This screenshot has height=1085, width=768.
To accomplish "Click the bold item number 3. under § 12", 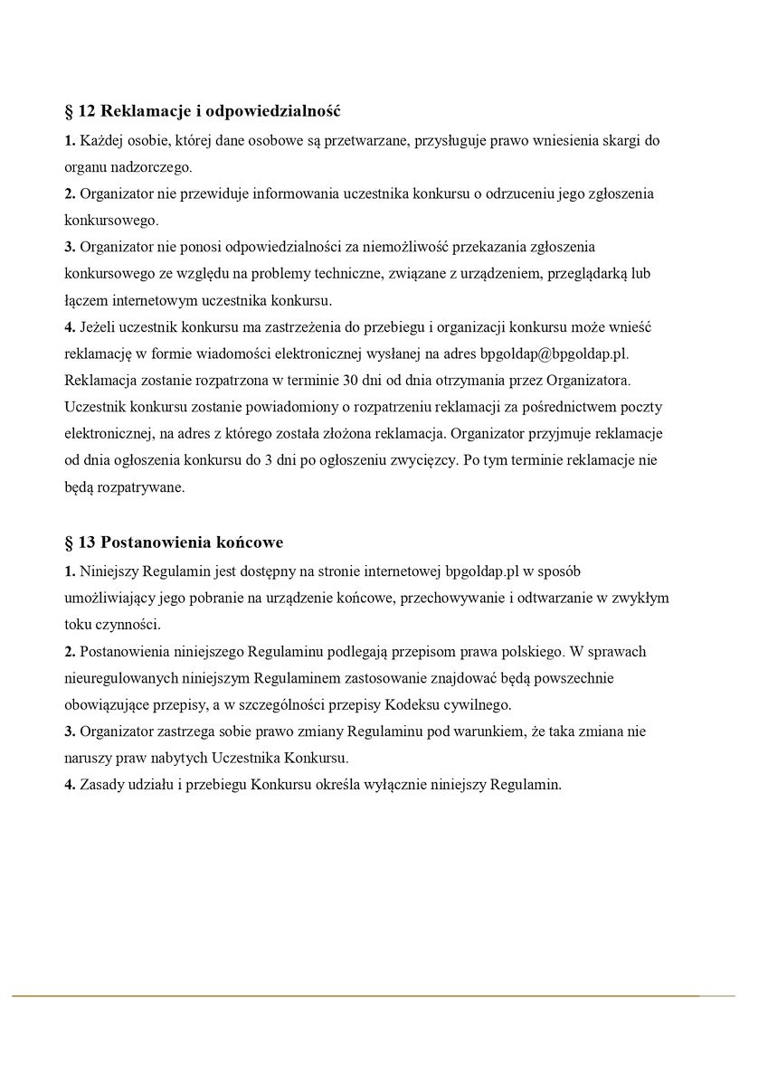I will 70,246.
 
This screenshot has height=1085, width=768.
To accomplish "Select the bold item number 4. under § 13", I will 70,784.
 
